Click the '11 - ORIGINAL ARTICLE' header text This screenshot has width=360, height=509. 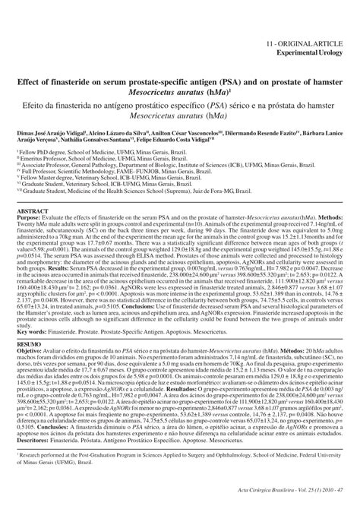coord(312,24)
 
